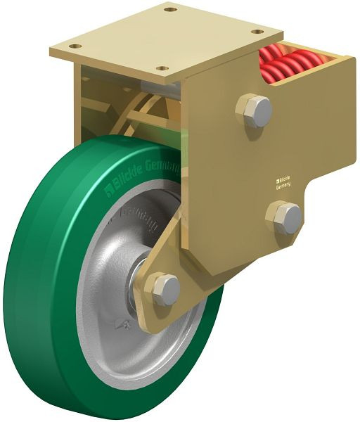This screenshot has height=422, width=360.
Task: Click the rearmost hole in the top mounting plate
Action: pos(169,10)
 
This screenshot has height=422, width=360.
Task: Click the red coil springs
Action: pos(287,64)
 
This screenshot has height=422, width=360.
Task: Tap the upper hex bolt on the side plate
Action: pos(257,111)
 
